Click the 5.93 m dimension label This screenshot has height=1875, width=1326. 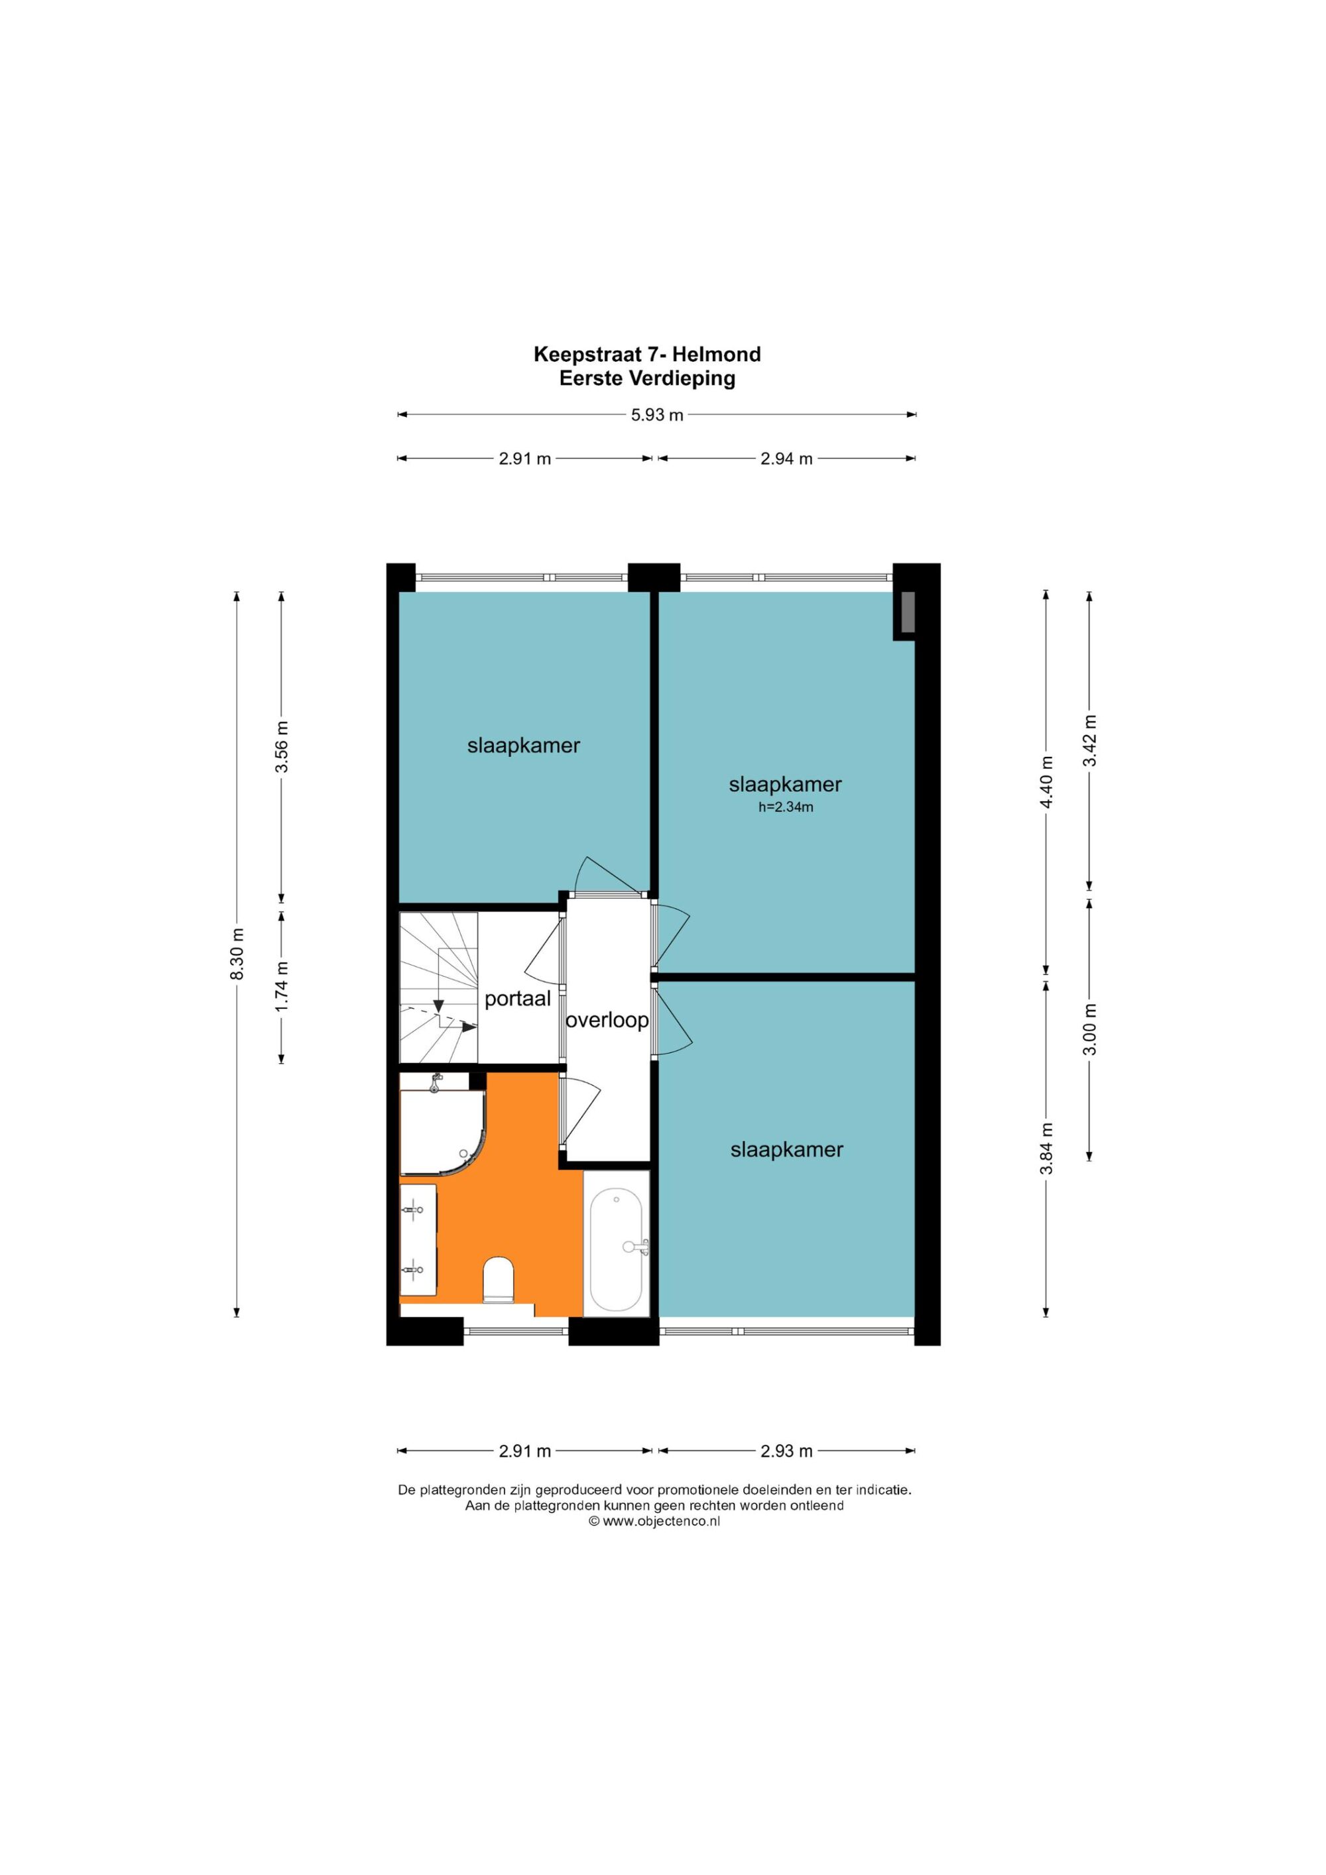657,415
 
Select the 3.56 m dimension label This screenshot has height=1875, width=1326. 281,746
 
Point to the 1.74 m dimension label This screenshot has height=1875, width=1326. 281,986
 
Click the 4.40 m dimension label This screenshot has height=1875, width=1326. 1047,781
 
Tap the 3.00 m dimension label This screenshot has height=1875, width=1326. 1089,1029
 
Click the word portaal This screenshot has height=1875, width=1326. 518,999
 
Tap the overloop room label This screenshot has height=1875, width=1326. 607,1020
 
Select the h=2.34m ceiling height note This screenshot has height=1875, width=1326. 786,808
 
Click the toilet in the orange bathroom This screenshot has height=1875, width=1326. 499,1280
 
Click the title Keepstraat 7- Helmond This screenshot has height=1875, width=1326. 647,355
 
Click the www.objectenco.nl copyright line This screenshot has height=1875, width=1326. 654,1521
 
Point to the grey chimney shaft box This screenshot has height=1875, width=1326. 905,614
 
